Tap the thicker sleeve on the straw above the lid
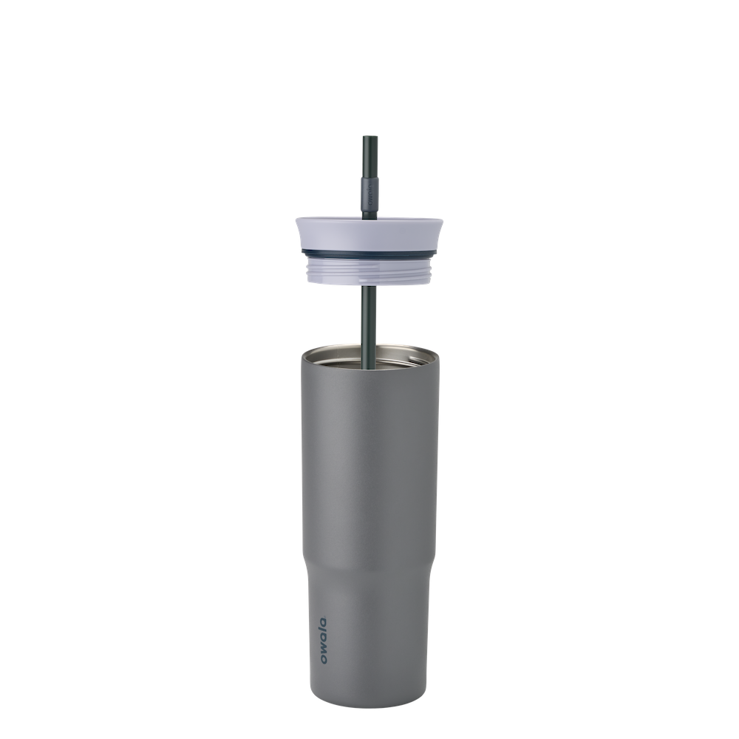pos(365,194)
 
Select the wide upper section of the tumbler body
pos(369,443)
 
